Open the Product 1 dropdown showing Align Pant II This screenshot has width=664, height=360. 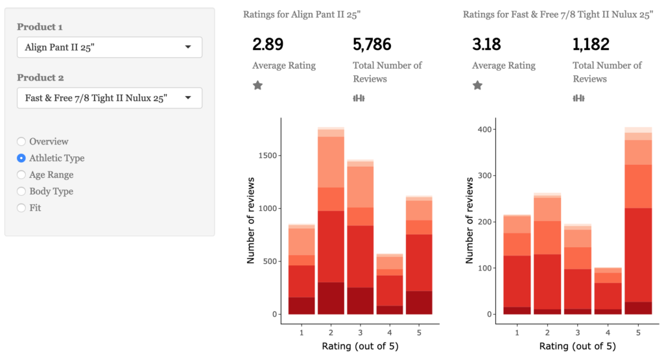[x=109, y=47]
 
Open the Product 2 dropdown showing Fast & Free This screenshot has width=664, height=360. [x=109, y=98]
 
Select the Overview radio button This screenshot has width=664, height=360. [x=21, y=141]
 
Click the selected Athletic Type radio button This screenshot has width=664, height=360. [x=21, y=158]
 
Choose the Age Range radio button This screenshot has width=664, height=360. [x=21, y=174]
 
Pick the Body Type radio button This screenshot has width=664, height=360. [x=21, y=191]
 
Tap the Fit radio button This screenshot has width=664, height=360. [x=21, y=208]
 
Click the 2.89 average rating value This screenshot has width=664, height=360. [x=268, y=45]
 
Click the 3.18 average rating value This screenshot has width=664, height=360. [x=488, y=45]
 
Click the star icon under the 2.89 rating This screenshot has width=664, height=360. [x=257, y=85]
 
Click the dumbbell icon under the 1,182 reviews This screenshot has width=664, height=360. [x=578, y=98]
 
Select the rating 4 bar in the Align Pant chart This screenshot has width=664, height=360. [x=389, y=285]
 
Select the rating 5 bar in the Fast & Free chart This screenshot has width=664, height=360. [x=638, y=221]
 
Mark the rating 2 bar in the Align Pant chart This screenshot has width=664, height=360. [x=331, y=221]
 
